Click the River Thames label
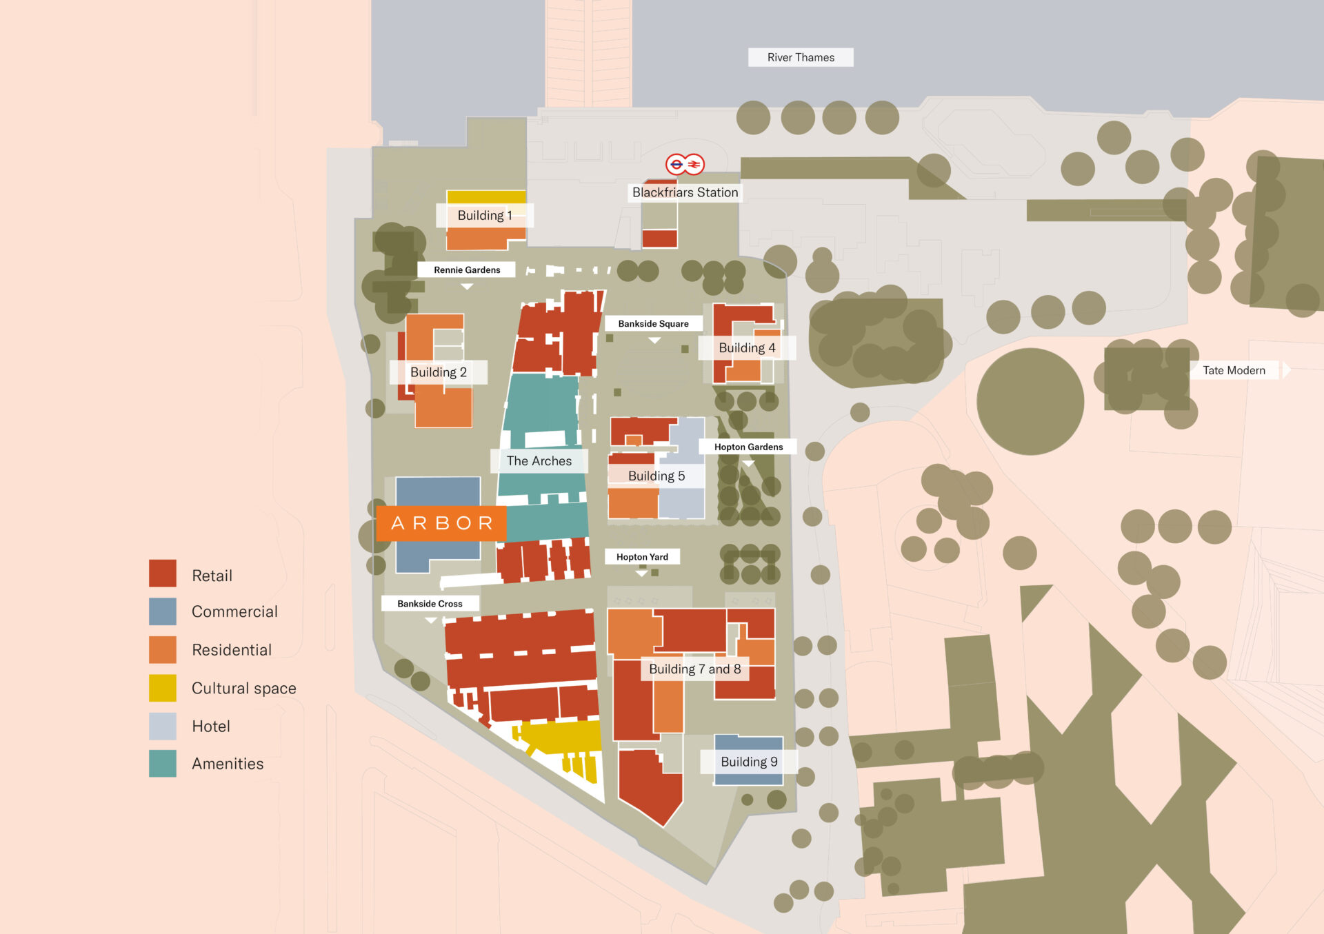click(x=801, y=57)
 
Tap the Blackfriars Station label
click(x=685, y=192)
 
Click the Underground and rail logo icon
click(x=685, y=164)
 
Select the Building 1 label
click(x=484, y=215)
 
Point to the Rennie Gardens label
click(x=467, y=270)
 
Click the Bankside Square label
click(x=653, y=323)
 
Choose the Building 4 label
click(x=747, y=347)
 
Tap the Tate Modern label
click(x=1234, y=370)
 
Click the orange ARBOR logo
click(x=441, y=523)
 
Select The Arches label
click(x=539, y=460)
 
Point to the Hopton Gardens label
click(x=748, y=447)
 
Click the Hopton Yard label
click(x=642, y=557)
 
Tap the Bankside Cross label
click(x=430, y=603)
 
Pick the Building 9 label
click(x=749, y=762)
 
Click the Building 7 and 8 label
click(x=694, y=669)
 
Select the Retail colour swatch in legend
click(x=163, y=573)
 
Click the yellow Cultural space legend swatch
click(x=163, y=688)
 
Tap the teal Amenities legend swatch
click(x=163, y=764)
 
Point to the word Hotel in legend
click(x=211, y=726)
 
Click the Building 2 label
click(x=438, y=372)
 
